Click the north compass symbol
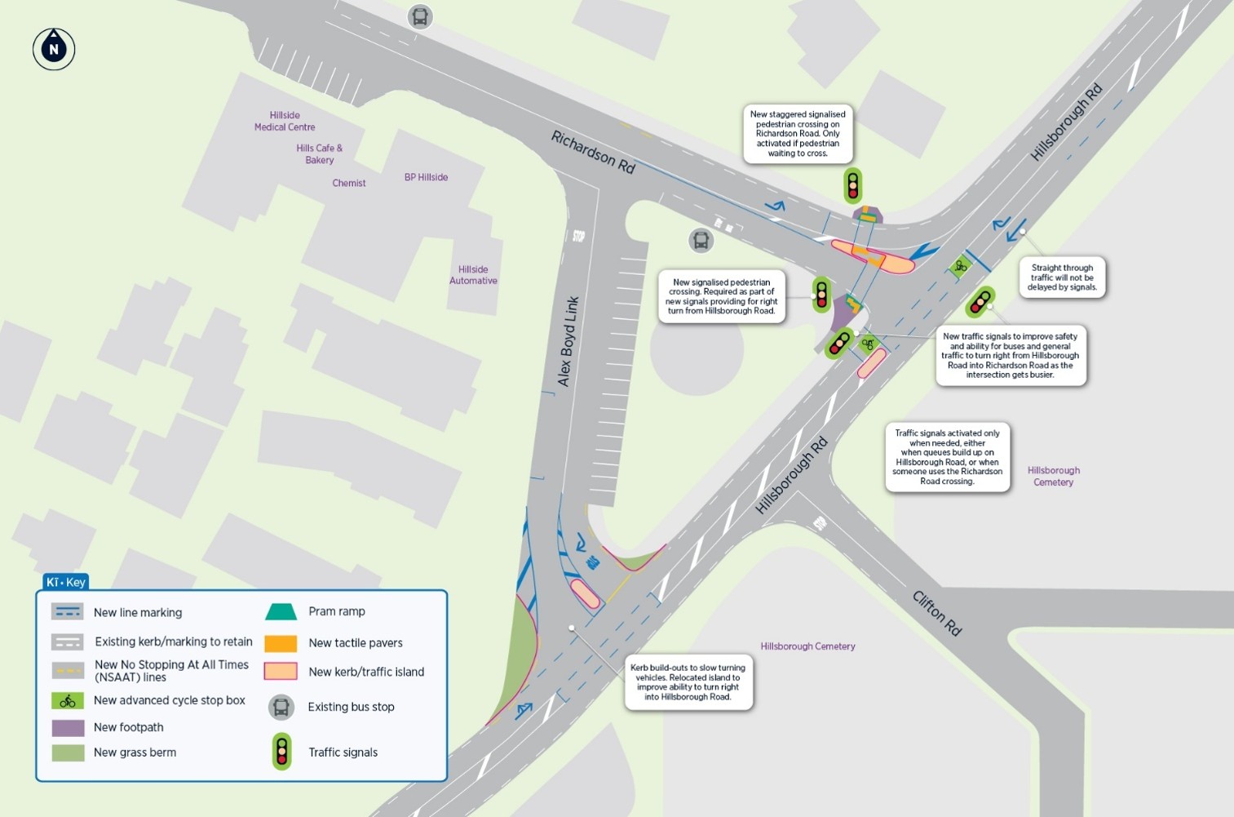click(x=54, y=48)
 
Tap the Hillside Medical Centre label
click(x=285, y=121)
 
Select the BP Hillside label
click(x=426, y=177)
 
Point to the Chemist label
click(x=349, y=183)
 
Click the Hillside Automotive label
click(x=473, y=274)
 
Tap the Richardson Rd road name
click(x=593, y=152)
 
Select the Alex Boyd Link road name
click(x=568, y=341)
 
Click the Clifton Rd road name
click(x=936, y=613)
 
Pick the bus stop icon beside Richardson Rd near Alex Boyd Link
click(x=701, y=240)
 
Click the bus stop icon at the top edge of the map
click(x=420, y=16)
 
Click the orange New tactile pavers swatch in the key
click(x=281, y=643)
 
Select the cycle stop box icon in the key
click(x=68, y=700)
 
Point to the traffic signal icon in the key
click(x=281, y=752)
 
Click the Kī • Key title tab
click(x=65, y=582)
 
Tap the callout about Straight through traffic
click(x=1062, y=278)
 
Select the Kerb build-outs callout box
click(x=688, y=682)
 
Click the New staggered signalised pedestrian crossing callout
click(x=798, y=134)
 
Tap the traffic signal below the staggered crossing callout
click(x=853, y=185)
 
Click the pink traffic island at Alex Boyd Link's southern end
click(x=585, y=594)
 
